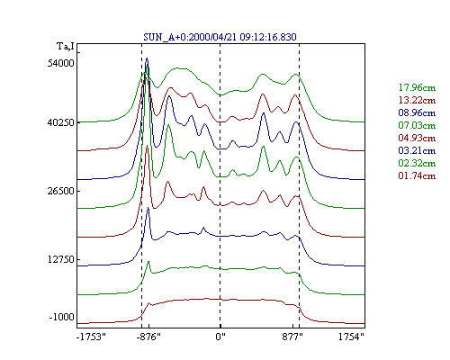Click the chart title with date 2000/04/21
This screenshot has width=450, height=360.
coord(220,37)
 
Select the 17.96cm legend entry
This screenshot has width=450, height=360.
coord(417,87)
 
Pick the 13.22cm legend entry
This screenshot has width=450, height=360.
coord(417,100)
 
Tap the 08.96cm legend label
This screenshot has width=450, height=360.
coord(417,112)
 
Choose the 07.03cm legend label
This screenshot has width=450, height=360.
coord(417,125)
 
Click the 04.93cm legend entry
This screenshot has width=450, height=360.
coord(417,138)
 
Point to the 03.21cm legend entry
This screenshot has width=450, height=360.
coord(417,150)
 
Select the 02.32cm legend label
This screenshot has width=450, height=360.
coord(417,163)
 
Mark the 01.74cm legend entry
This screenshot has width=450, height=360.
coord(417,175)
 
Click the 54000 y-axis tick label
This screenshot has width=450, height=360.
coord(60,63)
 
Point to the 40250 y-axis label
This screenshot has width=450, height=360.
coord(60,122)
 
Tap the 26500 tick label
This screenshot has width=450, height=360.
coord(60,191)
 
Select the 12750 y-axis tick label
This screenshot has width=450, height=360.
coord(60,259)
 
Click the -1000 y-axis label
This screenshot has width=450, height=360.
coord(61,317)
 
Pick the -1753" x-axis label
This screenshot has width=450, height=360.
coord(91,337)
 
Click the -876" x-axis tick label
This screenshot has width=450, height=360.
coord(148,337)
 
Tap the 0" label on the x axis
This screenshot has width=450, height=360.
coord(220,337)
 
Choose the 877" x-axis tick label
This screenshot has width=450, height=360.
coord(292,337)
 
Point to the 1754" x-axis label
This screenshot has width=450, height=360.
coord(351,337)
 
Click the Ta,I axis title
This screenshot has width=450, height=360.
coord(66,47)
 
